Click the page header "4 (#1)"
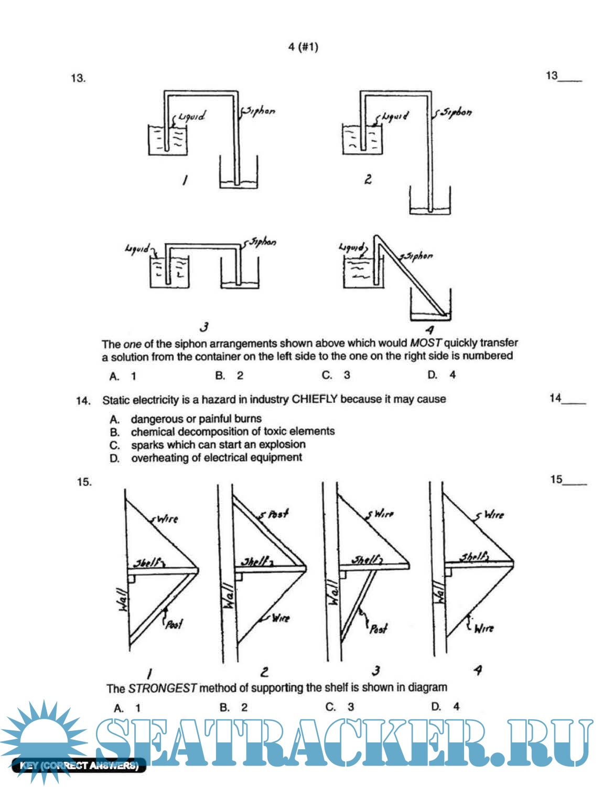point(303,47)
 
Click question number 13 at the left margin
point(78,78)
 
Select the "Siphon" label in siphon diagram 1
point(260,111)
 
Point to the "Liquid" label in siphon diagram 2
point(395,116)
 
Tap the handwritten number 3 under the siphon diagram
point(204,327)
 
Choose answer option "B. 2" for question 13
point(229,375)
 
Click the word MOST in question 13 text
point(425,343)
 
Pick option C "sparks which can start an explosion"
point(218,445)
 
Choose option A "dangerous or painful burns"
point(196,418)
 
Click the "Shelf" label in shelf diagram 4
point(473,556)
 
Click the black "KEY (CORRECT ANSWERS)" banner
point(79,766)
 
